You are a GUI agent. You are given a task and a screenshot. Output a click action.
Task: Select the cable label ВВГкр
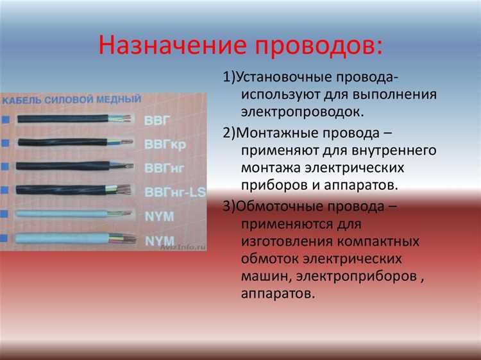click(x=165, y=144)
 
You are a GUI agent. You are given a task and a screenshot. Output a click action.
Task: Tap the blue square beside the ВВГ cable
click(x=6, y=120)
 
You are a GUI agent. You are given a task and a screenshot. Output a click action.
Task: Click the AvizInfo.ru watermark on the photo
click(x=182, y=244)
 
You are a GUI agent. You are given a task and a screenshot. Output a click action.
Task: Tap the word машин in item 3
click(x=265, y=277)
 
